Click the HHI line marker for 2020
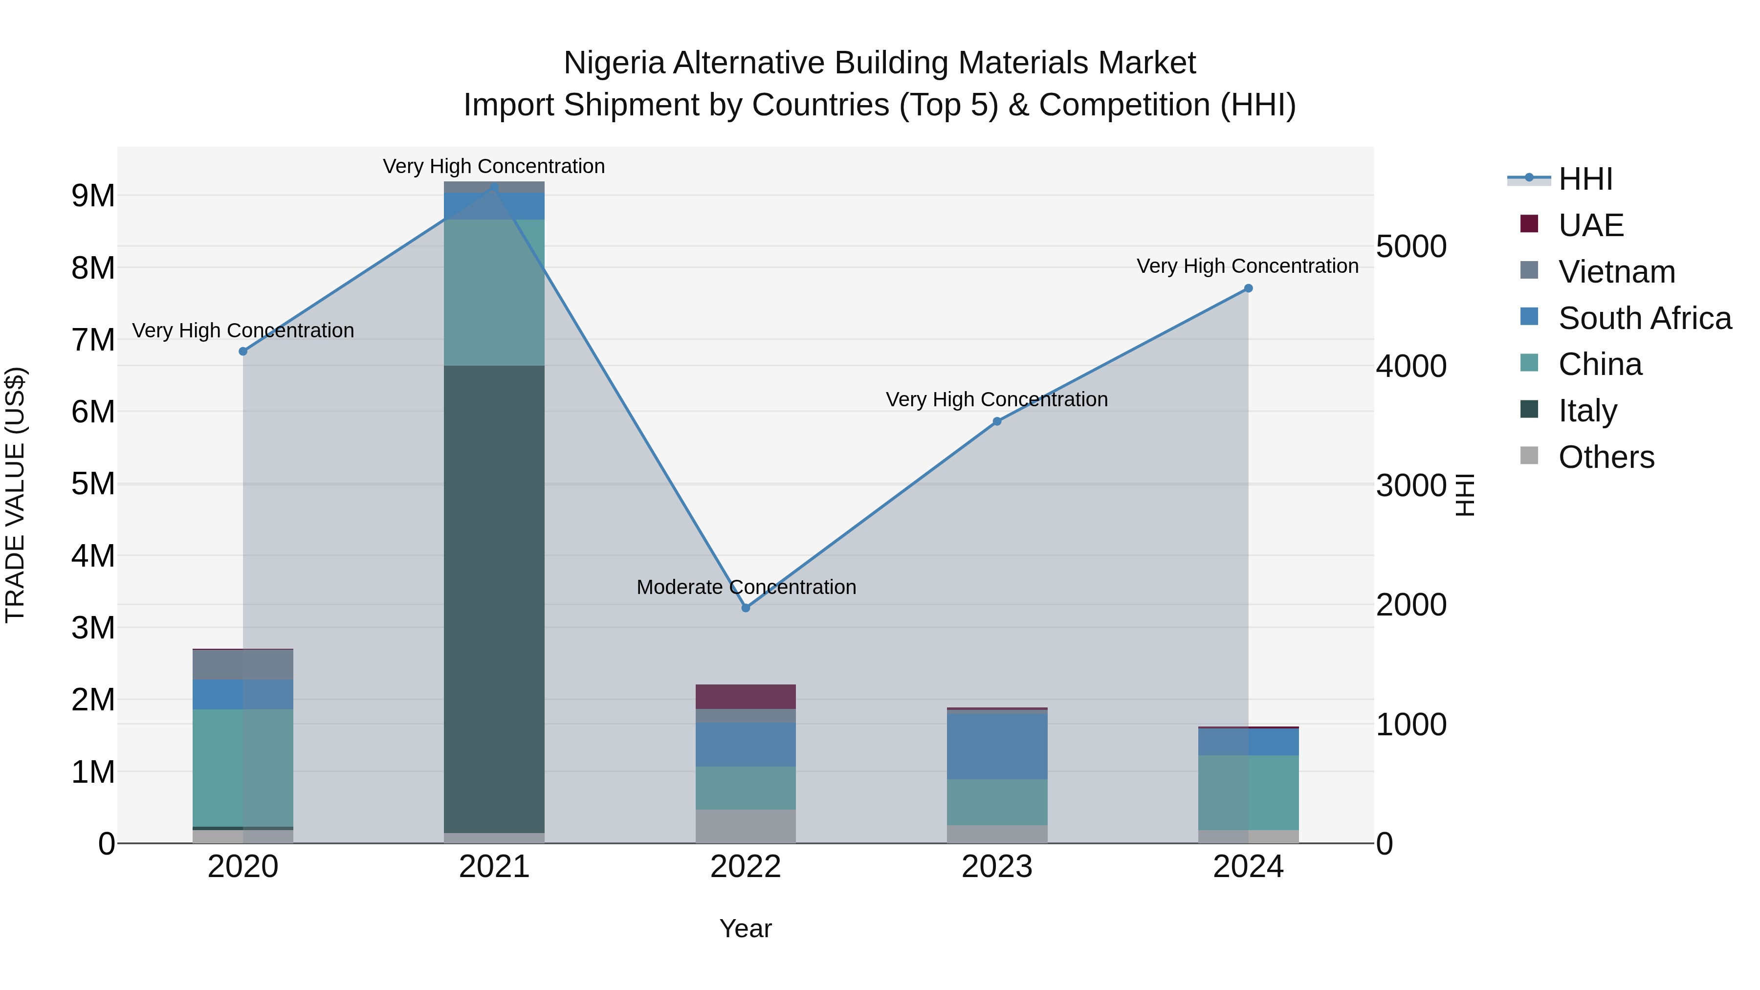[243, 351]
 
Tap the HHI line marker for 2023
[997, 421]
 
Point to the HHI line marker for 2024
[1248, 288]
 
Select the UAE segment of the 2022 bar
[746, 696]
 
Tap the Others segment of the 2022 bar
[746, 826]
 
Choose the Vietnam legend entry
[1617, 272]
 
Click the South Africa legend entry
[1645, 318]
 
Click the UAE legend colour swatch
[1529, 224]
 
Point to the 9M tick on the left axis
[93, 196]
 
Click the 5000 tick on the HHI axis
[1411, 247]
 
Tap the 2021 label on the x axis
[494, 867]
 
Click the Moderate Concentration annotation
[746, 587]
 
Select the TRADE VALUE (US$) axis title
[15, 495]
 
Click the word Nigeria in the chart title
[614, 63]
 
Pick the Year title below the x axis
[746, 928]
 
